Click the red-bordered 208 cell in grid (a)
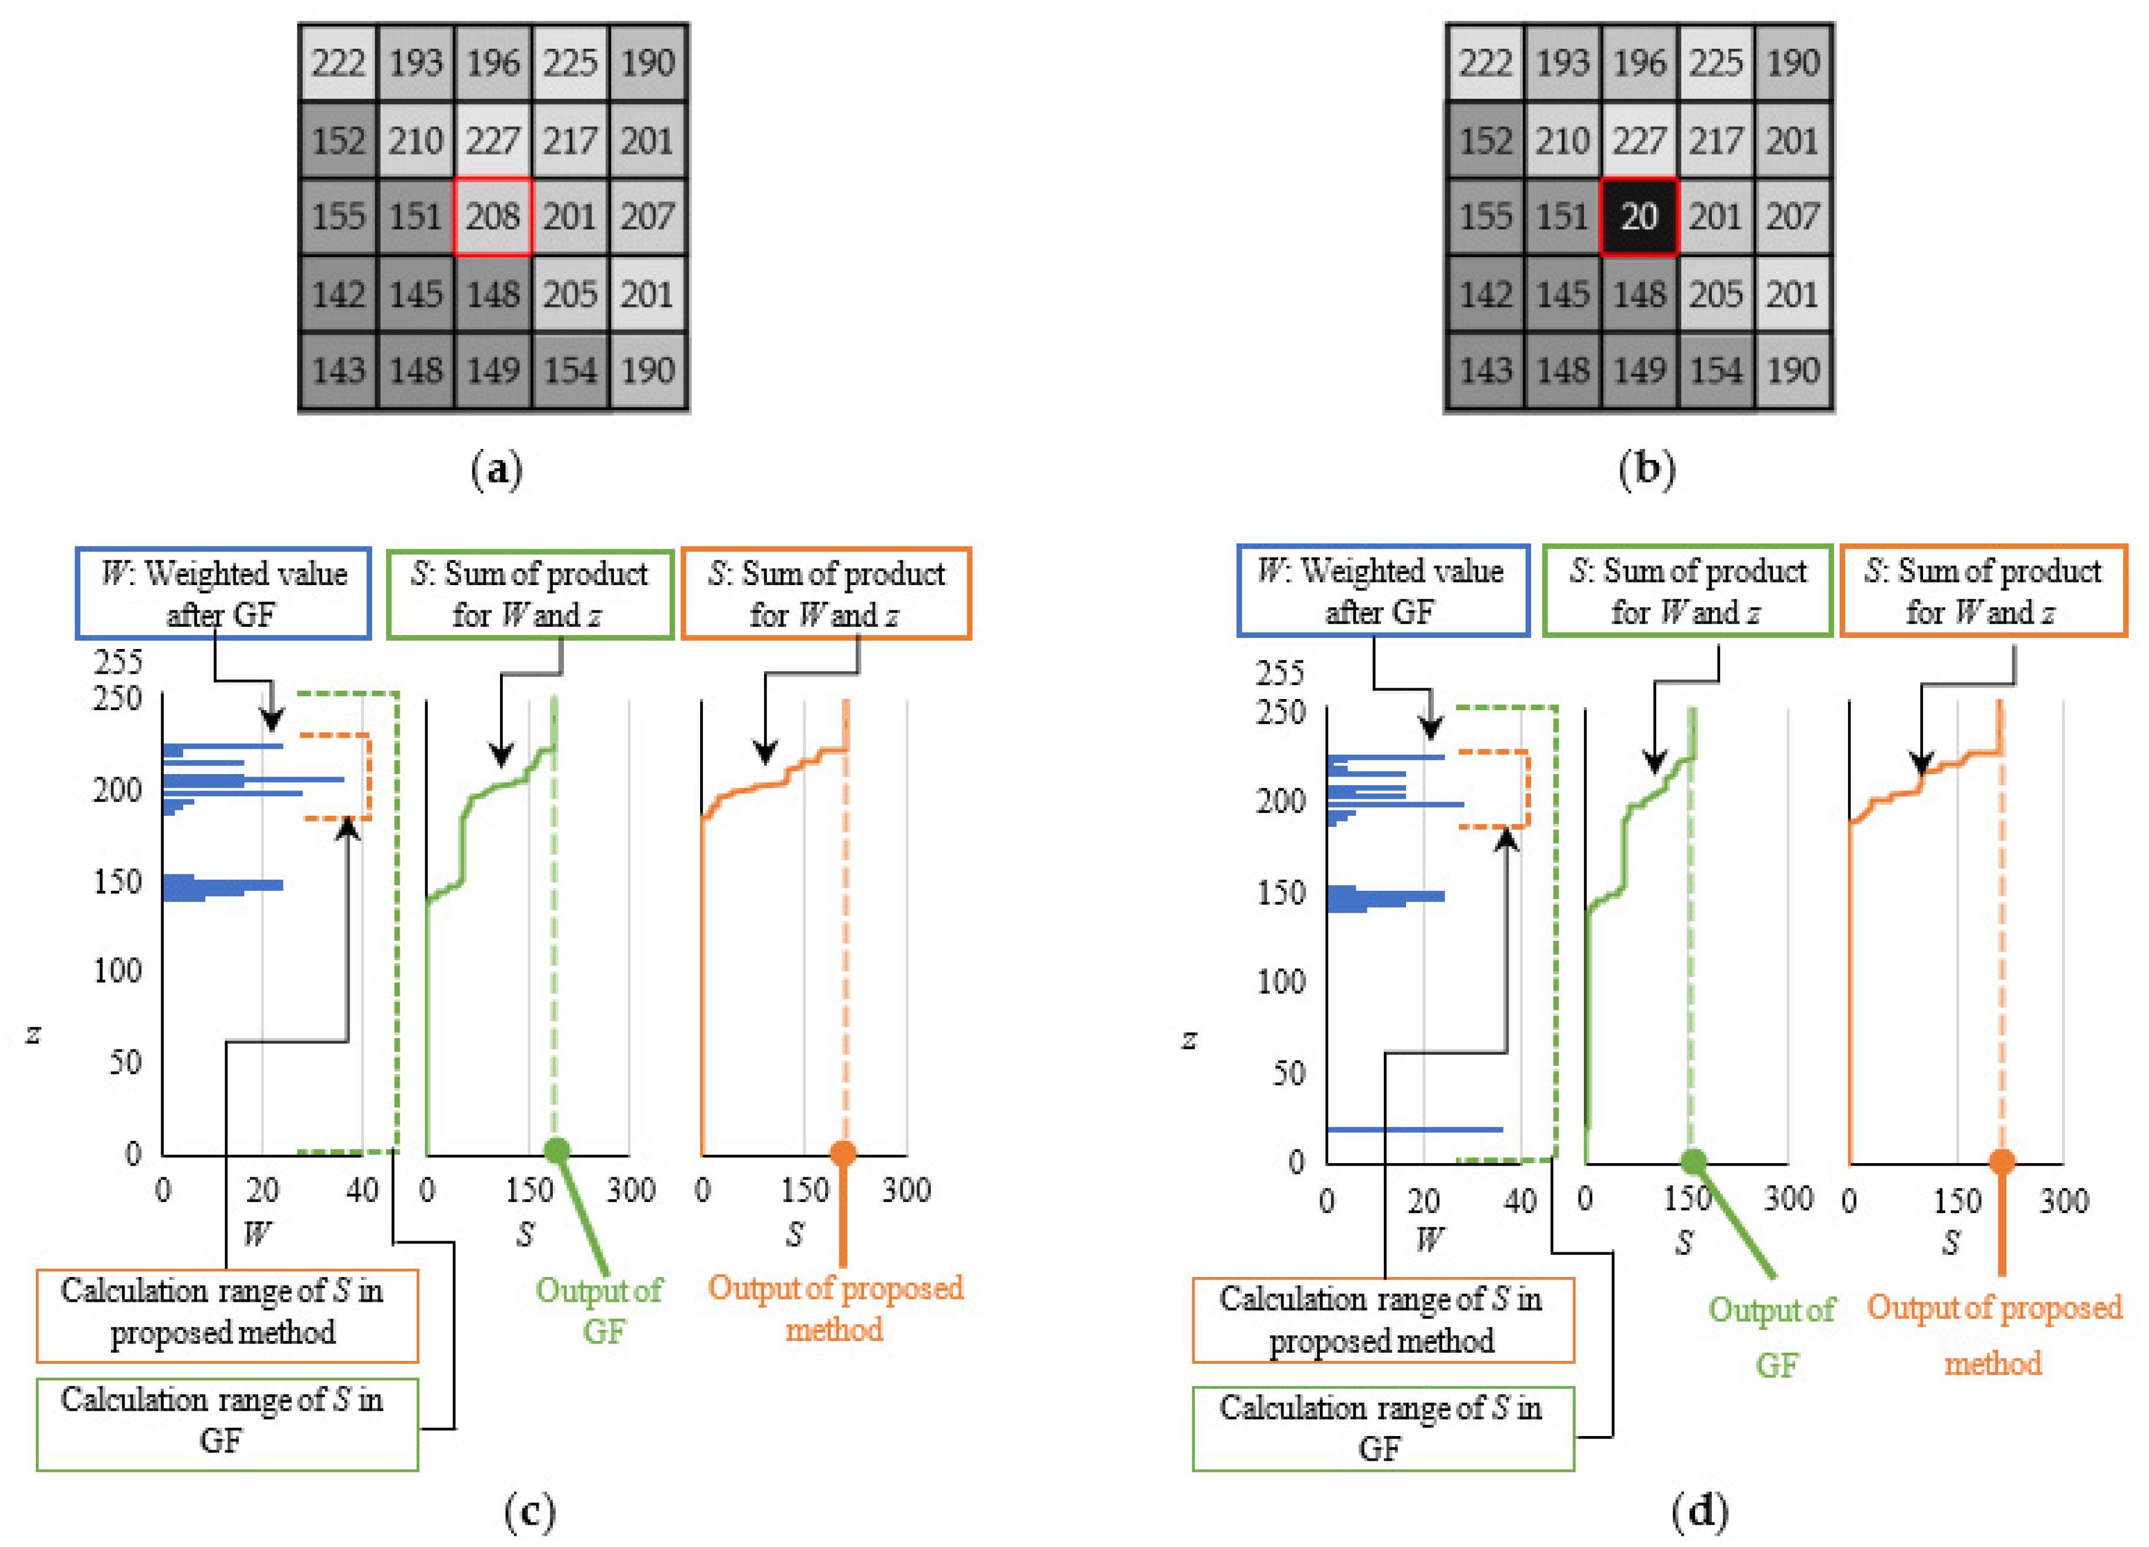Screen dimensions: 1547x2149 (493, 217)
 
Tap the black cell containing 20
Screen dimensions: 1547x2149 (1638, 217)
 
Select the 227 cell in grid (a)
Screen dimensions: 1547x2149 (493, 140)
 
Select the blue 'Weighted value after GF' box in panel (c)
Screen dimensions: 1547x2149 (222, 593)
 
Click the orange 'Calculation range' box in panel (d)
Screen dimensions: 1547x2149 (1383, 1320)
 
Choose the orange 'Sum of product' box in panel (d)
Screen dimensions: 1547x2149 (1982, 591)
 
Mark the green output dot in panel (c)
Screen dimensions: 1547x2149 (557, 1150)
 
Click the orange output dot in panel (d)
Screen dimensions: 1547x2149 (2001, 1161)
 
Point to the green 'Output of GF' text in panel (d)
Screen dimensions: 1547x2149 (1772, 1336)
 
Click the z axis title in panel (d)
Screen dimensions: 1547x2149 (1189, 1040)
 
